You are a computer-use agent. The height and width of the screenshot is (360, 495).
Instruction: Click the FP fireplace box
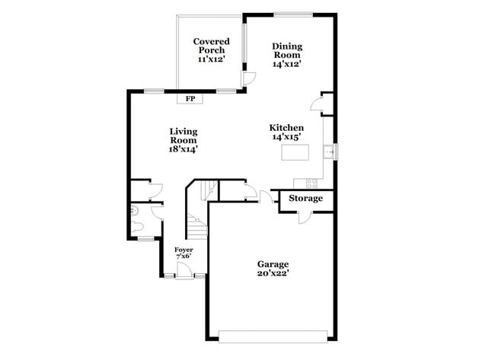189,97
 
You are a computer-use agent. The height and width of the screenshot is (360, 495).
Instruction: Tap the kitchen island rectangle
295,153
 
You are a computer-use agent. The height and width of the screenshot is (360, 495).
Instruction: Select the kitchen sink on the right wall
330,152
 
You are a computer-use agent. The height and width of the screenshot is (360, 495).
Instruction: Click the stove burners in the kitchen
311,183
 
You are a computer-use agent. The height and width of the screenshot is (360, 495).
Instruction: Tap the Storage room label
305,199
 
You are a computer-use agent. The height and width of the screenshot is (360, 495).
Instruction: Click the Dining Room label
286,55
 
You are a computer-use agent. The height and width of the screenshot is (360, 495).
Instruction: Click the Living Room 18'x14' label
183,140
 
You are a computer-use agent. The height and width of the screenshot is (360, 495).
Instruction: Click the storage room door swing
304,217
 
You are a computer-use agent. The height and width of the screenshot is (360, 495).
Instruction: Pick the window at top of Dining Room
293,13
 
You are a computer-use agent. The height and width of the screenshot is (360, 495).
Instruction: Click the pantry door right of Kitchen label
323,106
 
